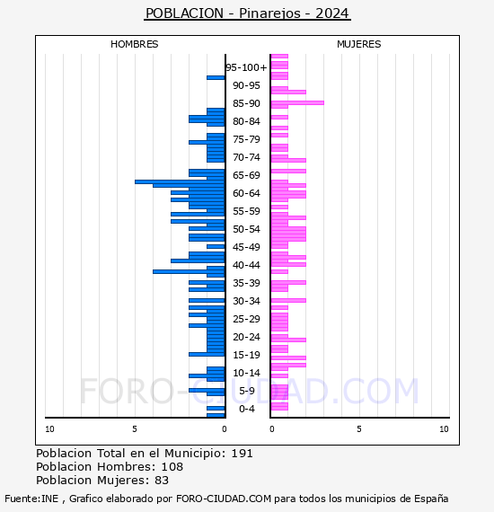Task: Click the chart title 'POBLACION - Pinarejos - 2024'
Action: pos(247,13)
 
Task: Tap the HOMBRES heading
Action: pos(134,44)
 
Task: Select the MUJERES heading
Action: pos(359,44)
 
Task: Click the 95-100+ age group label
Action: pos(246,67)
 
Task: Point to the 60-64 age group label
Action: pos(246,193)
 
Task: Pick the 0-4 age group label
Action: pos(247,409)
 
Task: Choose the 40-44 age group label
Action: pos(246,265)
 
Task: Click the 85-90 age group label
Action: pos(246,103)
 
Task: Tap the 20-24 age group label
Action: pos(246,337)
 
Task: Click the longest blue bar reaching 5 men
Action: pos(180,181)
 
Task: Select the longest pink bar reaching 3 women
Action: pos(297,103)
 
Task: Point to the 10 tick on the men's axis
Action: pos(49,429)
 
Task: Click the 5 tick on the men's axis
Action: pos(135,429)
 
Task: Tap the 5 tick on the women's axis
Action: pos(359,429)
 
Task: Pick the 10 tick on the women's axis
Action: pos(444,429)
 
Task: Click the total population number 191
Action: pos(242,454)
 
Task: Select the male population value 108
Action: pos(172,466)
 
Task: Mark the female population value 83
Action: pos(162,481)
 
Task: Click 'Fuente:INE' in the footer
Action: pos(31,499)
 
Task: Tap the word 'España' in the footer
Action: pos(431,499)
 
